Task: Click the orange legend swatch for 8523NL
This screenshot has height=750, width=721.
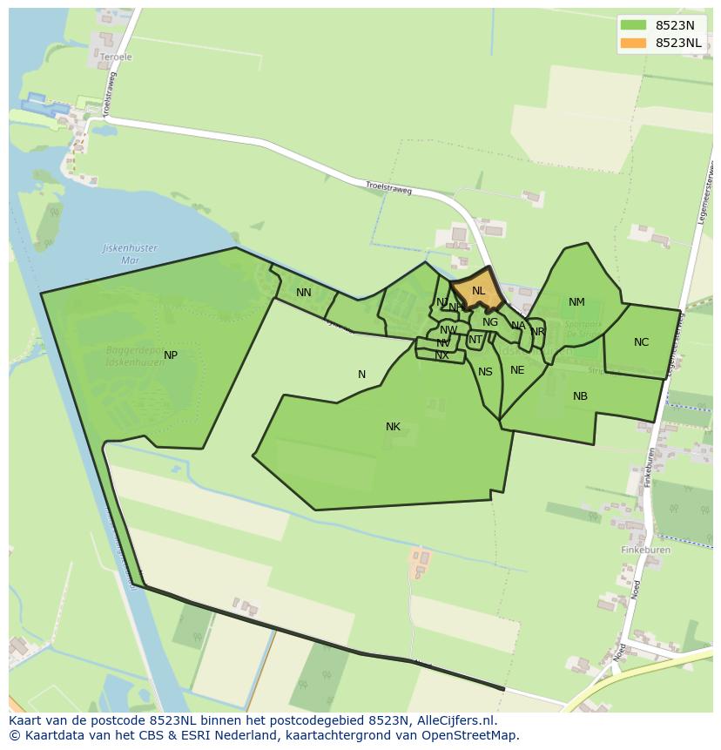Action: click(634, 43)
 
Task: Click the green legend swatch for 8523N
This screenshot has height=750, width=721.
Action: click(634, 25)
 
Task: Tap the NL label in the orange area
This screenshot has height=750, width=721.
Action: click(478, 291)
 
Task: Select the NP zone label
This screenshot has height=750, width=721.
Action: click(171, 355)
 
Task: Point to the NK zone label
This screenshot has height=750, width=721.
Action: click(393, 427)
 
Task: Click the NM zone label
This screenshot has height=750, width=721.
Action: click(576, 302)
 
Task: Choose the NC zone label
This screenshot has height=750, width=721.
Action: click(641, 342)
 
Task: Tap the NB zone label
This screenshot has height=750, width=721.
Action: click(580, 396)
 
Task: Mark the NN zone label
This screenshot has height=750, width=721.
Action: click(303, 293)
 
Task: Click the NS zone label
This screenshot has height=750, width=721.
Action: click(485, 372)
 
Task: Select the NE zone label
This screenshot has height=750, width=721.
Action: click(517, 370)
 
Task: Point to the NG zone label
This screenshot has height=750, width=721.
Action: click(490, 322)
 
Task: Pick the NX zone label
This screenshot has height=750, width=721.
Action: click(442, 355)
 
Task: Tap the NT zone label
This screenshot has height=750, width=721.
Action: click(475, 340)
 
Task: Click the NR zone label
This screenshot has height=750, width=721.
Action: click(537, 332)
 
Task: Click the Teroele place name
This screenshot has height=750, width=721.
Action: click(116, 57)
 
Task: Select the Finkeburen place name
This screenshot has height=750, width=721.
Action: click(645, 551)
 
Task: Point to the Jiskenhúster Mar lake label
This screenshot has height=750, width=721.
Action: click(131, 253)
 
